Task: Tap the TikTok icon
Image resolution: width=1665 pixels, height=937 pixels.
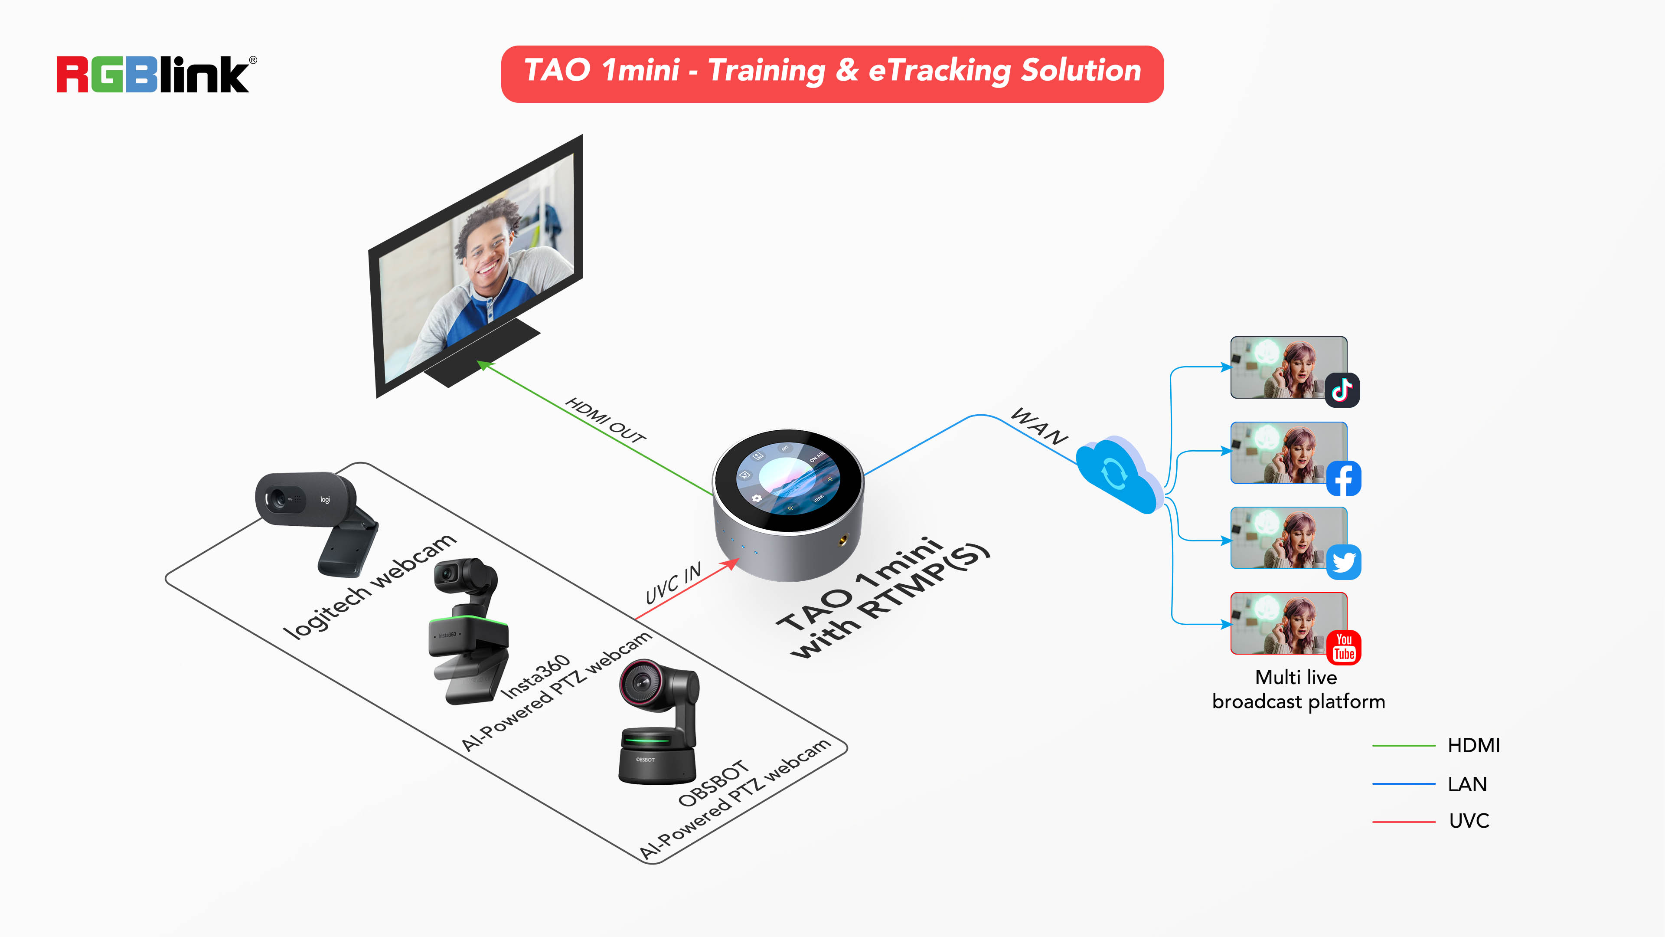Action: (x=1342, y=390)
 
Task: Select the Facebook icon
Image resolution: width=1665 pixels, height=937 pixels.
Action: (x=1343, y=478)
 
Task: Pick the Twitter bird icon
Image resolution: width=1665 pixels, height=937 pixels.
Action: (x=1343, y=562)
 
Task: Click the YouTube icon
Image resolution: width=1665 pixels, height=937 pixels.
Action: (x=1344, y=647)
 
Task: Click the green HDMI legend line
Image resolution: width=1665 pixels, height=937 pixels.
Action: (x=1403, y=746)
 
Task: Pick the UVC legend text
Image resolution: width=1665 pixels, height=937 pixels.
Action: (x=1469, y=821)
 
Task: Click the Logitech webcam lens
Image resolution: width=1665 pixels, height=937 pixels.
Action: (x=278, y=499)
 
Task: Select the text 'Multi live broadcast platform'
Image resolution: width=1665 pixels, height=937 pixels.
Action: (x=1297, y=689)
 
